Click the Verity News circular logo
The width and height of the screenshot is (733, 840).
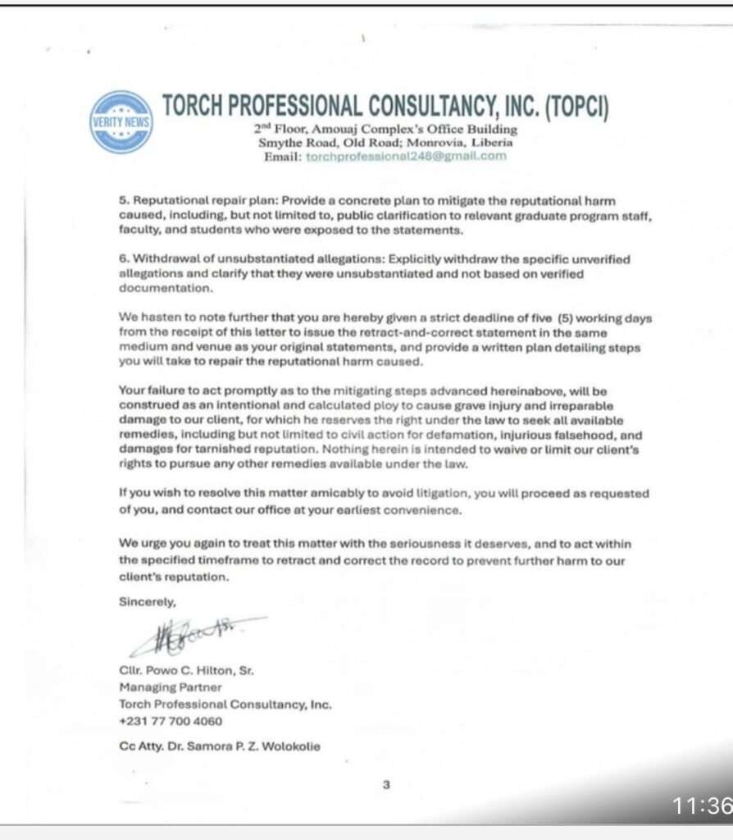click(121, 121)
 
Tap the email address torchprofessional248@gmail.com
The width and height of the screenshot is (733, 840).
click(406, 156)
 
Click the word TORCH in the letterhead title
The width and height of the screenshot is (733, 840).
click(198, 106)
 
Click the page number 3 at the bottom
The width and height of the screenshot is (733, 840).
click(386, 784)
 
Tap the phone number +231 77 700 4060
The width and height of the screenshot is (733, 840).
click(171, 721)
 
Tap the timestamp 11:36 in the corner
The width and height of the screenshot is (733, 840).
click(702, 806)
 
